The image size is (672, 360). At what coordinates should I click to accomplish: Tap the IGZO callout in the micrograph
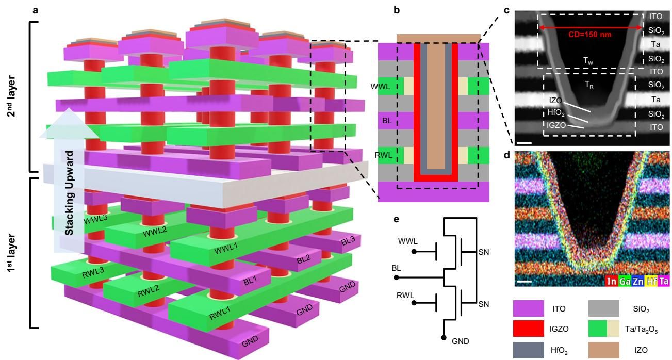[x=556, y=124]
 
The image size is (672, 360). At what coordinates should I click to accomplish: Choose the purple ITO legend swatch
[x=528, y=308]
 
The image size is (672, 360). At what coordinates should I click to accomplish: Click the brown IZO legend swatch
[x=604, y=350]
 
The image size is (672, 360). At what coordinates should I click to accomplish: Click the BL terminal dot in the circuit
[x=396, y=277]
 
